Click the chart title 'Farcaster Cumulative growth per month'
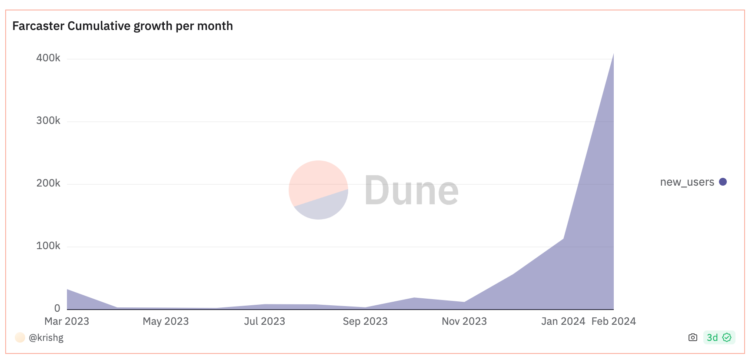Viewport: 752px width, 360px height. pos(122,26)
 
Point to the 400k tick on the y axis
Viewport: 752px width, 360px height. pos(48,58)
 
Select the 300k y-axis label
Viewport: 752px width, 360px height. pos(48,120)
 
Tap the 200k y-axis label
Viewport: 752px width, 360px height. pos(48,183)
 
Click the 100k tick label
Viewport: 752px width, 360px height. pos(48,246)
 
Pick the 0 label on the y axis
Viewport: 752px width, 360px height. pos(57,308)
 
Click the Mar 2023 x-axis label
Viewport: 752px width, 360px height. pos(67,321)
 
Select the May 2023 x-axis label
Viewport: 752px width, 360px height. pos(166,321)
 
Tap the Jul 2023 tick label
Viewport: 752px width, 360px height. pos(264,321)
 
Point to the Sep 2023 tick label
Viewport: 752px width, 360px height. pos(365,321)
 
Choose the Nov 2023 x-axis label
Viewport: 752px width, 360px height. pos(464,321)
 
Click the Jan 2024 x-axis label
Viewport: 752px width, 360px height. pos(563,321)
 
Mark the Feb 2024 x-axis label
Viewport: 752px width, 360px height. pos(613,321)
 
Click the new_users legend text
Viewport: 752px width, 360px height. pos(687,182)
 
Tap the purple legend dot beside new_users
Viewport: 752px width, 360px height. pos(723,182)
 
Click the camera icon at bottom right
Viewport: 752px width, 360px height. pos(693,337)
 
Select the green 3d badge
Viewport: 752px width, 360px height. pos(719,337)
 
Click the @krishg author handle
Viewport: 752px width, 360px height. pos(46,337)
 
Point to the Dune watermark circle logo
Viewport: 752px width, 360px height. pos(318,190)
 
